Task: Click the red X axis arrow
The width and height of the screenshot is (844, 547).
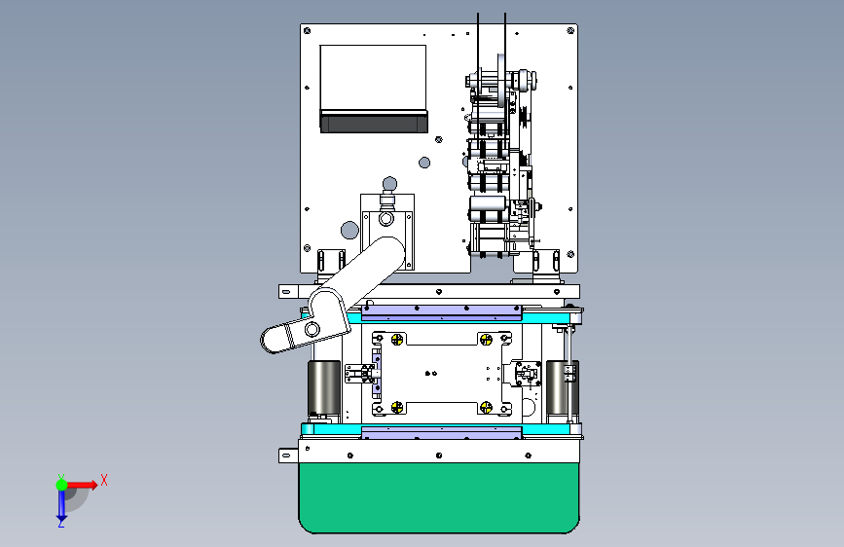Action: [82, 485]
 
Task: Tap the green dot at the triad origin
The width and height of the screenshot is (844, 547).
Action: [61, 485]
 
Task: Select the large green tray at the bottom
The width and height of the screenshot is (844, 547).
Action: [439, 497]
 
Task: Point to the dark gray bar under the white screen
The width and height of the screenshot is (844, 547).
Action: [374, 121]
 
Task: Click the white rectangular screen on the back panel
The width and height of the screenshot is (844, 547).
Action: [373, 78]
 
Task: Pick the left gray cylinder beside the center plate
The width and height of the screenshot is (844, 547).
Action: [323, 388]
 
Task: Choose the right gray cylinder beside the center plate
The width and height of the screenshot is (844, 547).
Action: [562, 388]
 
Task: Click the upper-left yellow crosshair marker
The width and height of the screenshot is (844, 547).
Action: [397, 339]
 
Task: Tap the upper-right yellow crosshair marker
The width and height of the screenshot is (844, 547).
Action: [486, 339]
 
